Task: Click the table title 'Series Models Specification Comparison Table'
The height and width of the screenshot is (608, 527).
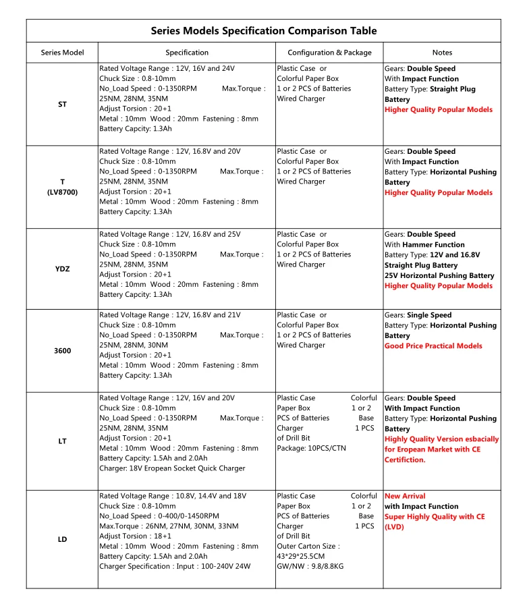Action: tap(263, 31)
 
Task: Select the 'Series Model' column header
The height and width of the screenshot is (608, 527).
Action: tap(62, 53)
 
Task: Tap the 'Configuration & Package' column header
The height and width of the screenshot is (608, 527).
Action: tap(329, 53)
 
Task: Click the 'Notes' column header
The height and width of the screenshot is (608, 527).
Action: tap(442, 53)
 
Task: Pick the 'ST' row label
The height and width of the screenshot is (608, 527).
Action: tap(62, 105)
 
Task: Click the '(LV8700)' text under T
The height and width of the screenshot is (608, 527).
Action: tap(62, 192)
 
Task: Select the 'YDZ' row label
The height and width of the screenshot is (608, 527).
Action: tap(62, 269)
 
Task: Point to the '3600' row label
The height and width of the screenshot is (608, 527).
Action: tap(62, 351)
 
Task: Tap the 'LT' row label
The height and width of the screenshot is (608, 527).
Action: tap(62, 441)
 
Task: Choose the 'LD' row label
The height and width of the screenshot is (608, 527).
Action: tap(62, 539)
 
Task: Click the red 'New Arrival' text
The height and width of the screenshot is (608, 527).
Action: tap(405, 496)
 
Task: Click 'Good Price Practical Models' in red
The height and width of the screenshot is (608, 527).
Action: tap(433, 346)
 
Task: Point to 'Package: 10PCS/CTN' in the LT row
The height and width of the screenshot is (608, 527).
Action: tap(311, 448)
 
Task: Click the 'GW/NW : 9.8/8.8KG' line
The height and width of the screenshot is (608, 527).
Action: tap(310, 566)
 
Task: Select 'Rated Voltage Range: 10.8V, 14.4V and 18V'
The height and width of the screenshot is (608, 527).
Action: tap(173, 496)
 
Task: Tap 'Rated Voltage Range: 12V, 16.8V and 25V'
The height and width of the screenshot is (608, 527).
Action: tap(169, 234)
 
